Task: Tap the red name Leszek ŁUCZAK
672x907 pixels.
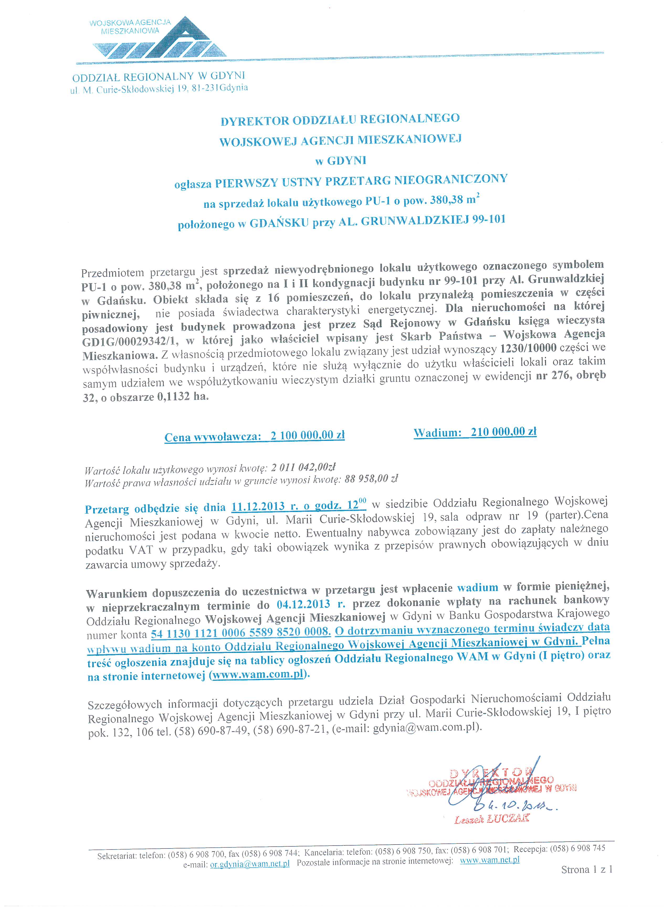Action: pyautogui.click(x=492, y=818)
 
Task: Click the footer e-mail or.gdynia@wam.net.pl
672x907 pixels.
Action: pyautogui.click(x=249, y=861)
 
